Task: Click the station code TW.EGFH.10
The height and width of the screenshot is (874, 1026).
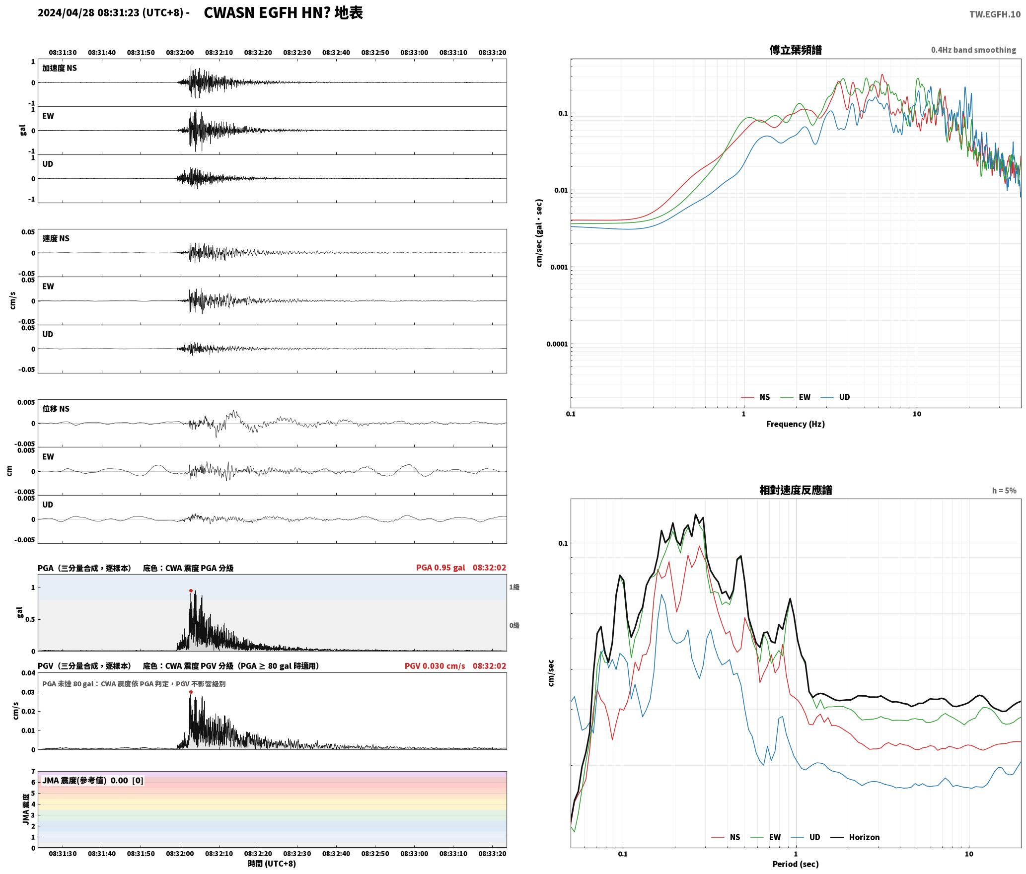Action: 995,14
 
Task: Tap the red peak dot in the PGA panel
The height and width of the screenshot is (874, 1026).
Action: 191,591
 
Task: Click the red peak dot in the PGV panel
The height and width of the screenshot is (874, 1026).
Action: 191,692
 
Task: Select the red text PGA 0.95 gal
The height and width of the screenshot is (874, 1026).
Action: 440,568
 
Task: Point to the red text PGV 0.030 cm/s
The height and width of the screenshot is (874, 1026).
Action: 435,666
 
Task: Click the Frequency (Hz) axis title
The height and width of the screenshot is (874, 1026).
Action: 795,424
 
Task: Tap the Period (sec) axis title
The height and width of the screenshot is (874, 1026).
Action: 795,864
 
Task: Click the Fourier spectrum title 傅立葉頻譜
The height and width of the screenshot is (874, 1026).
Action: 795,50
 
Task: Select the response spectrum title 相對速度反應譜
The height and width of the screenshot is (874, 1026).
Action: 796,490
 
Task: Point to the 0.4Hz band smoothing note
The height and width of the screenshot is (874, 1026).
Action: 973,50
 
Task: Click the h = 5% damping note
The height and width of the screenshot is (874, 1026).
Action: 1004,491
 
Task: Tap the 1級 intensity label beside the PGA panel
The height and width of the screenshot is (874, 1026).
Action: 514,587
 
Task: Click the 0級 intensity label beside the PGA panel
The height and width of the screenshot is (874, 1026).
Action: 514,626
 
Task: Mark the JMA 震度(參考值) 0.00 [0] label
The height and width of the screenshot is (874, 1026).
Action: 93,781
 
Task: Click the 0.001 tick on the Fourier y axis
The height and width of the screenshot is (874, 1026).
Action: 558,267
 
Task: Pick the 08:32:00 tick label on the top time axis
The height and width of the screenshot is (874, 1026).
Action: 180,53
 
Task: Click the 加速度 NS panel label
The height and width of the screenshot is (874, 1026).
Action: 60,68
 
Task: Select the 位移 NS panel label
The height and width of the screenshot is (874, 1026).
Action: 56,409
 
